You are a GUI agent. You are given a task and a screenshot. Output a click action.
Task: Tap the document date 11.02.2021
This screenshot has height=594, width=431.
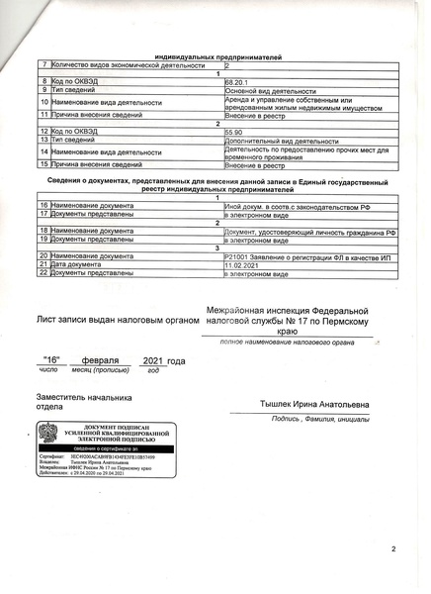click(x=241, y=264)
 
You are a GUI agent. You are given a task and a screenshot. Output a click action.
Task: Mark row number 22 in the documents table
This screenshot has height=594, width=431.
click(x=43, y=273)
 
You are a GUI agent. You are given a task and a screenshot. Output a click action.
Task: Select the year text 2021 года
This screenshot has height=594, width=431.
click(x=164, y=361)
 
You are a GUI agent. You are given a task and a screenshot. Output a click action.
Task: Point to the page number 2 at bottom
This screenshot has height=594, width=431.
click(x=392, y=548)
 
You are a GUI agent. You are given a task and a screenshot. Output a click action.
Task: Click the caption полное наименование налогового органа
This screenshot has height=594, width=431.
click(x=286, y=342)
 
